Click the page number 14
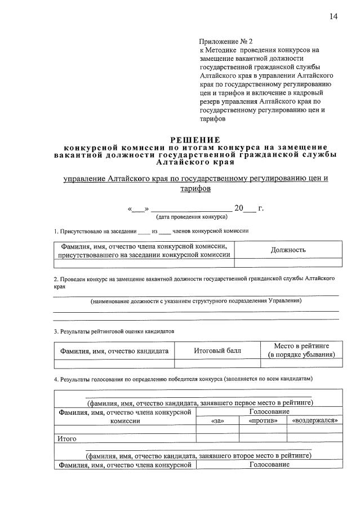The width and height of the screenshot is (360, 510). [x=333, y=16]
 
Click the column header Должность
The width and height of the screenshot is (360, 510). [x=288, y=250]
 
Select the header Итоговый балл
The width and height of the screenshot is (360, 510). [x=217, y=351]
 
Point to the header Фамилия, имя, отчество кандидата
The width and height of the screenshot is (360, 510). [x=114, y=351]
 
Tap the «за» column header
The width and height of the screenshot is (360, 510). [x=217, y=420]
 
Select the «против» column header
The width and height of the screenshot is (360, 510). [x=263, y=420]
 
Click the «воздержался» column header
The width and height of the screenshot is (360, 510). [x=314, y=420]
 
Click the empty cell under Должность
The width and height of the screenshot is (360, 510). [x=288, y=262]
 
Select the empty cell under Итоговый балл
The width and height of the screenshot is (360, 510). [x=217, y=363]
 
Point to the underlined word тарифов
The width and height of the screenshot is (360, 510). [x=195, y=189]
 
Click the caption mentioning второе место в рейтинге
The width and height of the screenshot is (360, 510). [x=198, y=455]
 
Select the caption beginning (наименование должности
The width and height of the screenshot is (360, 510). [x=195, y=301]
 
